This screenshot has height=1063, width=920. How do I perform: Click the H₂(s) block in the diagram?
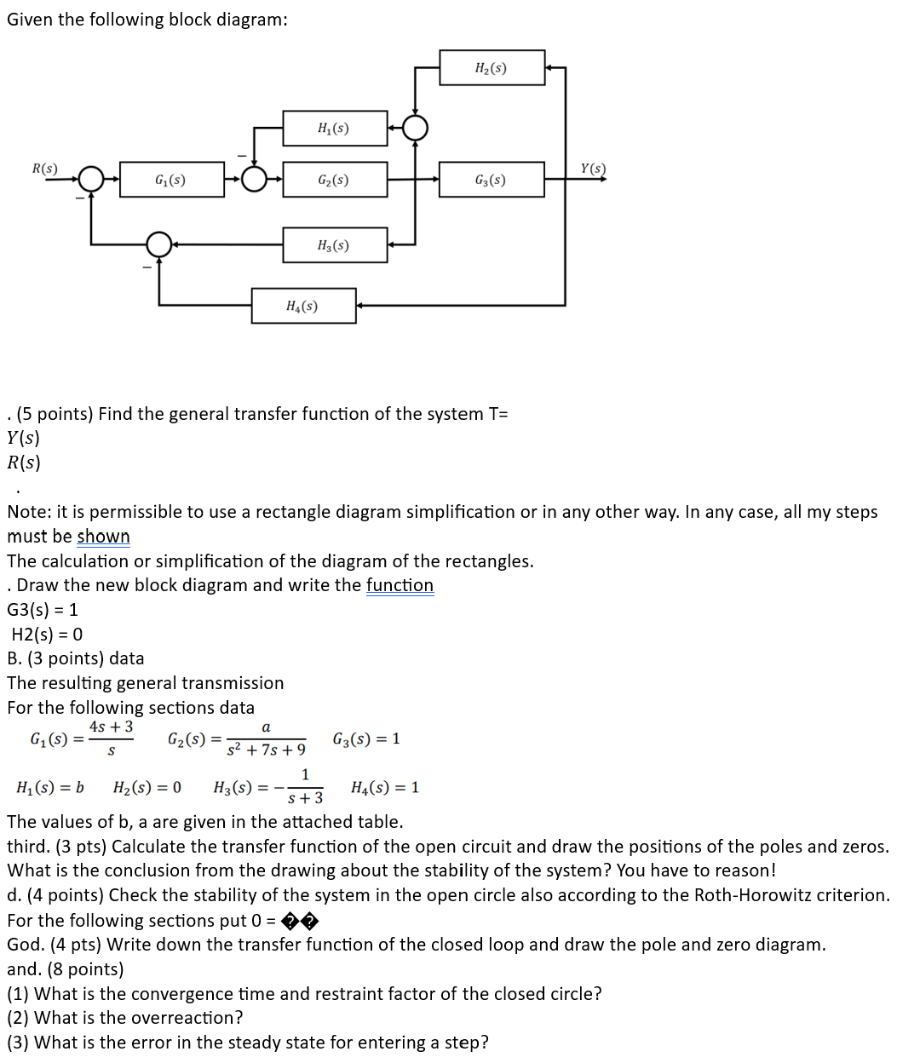point(492,68)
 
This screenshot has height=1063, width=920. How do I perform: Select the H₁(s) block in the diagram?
point(334,129)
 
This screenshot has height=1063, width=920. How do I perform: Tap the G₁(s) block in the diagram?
point(171,180)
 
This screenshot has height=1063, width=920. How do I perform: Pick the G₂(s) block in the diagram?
point(334,180)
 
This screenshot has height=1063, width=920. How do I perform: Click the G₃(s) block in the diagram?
point(492,180)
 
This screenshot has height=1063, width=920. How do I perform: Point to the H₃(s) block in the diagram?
point(334,245)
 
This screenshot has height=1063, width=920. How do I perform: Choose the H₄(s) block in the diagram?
point(303,306)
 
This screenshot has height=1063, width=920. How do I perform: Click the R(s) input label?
point(44,168)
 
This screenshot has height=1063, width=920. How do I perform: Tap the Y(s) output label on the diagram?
point(593,168)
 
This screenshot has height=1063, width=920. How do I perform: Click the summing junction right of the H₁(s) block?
point(415,129)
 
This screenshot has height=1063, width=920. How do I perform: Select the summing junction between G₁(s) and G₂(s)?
point(253,180)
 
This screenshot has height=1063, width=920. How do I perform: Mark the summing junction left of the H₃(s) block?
point(159,245)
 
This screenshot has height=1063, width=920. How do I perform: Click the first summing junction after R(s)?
point(90,180)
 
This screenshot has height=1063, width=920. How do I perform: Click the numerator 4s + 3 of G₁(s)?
point(111,727)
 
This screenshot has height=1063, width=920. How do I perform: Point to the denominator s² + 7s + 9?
point(266,750)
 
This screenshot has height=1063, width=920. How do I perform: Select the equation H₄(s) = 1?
point(385,788)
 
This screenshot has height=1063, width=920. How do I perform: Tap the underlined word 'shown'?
point(103,537)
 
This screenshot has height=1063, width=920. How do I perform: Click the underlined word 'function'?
point(400,585)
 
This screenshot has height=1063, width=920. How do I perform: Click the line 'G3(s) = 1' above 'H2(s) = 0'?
point(43,610)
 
